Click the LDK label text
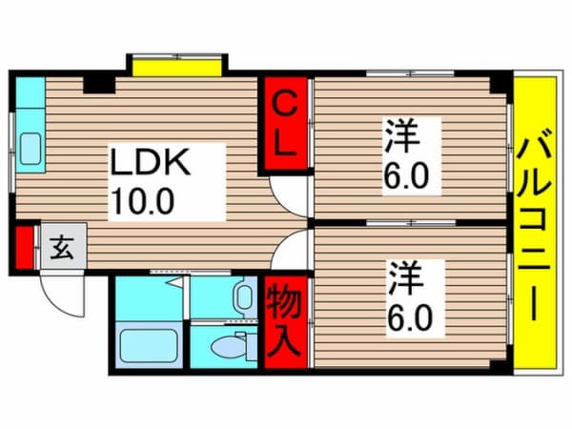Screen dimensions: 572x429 (151, 162)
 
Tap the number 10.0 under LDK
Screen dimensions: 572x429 (143, 201)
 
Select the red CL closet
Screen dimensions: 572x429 (284, 124)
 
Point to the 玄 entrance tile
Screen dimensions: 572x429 (63, 247)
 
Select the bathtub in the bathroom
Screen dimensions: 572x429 (149, 345)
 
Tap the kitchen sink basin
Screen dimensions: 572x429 (31, 149)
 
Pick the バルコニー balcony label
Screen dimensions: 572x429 (535, 224)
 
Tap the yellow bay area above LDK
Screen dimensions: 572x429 (177, 68)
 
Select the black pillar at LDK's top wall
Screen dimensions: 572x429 (99, 84)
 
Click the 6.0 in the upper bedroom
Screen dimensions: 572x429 (405, 175)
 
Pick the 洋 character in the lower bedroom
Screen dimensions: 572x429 (406, 279)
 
